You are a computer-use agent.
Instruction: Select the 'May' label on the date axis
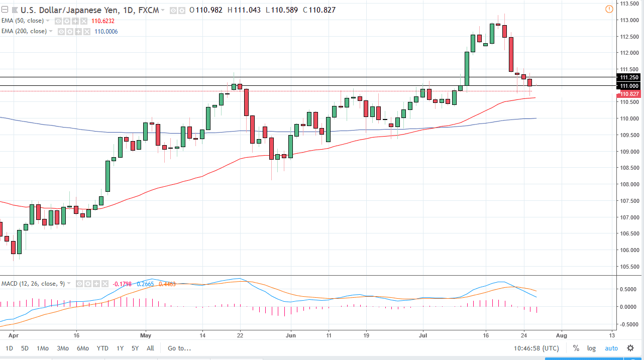(x=146, y=334)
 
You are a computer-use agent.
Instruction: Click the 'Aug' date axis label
(x=562, y=334)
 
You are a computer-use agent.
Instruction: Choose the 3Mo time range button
(x=63, y=348)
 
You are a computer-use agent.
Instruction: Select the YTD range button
(x=102, y=348)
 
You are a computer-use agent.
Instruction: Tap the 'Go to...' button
(x=179, y=348)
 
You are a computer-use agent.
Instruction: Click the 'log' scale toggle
(x=591, y=348)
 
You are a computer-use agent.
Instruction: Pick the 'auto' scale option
(x=611, y=348)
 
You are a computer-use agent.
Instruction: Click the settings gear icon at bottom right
(x=630, y=348)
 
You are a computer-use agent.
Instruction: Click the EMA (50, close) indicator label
(x=24, y=21)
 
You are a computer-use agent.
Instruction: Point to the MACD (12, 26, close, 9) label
(x=33, y=284)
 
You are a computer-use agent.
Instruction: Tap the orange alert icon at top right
(x=609, y=9)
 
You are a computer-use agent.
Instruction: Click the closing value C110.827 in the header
(x=318, y=10)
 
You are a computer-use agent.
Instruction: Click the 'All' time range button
(x=150, y=348)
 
